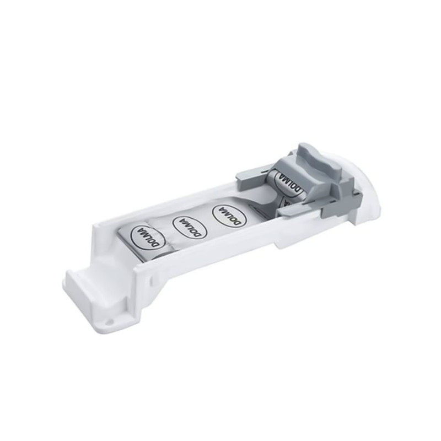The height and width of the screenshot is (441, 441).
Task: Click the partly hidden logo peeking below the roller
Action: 287,203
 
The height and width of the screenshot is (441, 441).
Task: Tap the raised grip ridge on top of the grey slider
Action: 317,157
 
